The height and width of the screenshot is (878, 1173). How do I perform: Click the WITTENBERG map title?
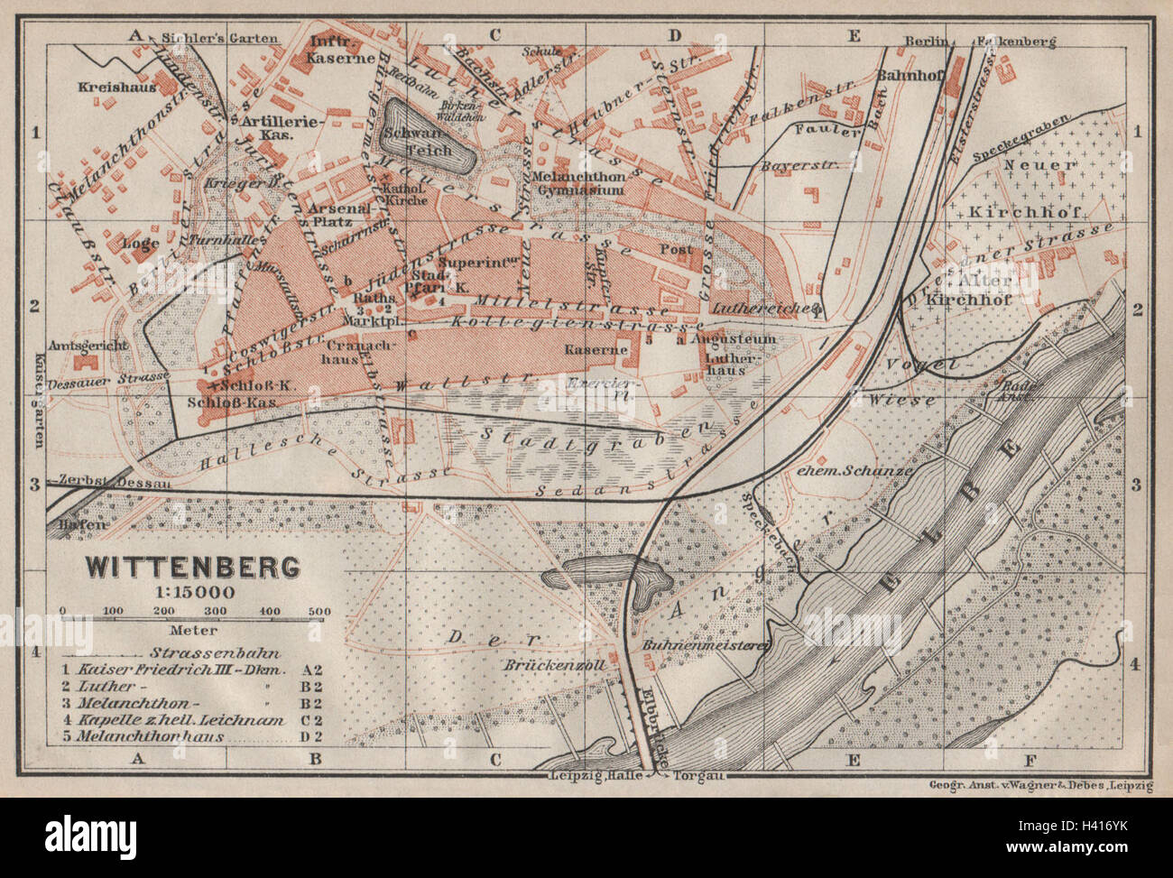point(192,568)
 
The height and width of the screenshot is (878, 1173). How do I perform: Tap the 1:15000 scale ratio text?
point(192,592)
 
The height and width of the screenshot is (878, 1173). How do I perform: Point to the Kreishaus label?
point(118,88)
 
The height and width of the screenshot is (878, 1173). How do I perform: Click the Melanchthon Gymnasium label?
point(590,184)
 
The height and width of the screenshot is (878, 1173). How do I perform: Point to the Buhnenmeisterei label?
point(707,645)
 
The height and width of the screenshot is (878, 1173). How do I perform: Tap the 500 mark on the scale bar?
point(319,613)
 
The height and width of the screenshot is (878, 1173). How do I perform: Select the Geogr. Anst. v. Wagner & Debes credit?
point(1040,785)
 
